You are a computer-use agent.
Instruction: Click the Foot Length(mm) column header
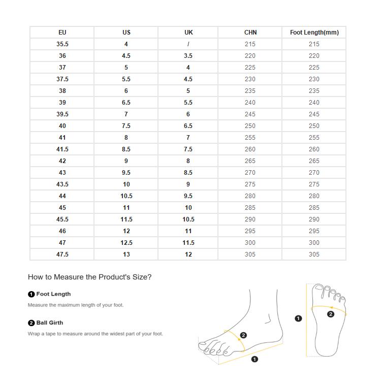(x=314, y=33)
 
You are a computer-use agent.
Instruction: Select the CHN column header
(x=250, y=33)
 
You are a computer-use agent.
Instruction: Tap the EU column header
(x=62, y=33)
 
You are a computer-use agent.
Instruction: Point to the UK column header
(x=188, y=33)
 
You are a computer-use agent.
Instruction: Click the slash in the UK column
(x=188, y=44)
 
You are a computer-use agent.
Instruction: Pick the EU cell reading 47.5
(x=62, y=255)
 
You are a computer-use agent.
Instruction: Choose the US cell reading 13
(x=126, y=255)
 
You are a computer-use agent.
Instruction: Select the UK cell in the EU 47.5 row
(x=188, y=255)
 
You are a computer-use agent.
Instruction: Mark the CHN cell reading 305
(x=250, y=255)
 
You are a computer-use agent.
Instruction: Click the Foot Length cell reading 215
(x=314, y=44)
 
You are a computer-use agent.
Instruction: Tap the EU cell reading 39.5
(x=62, y=114)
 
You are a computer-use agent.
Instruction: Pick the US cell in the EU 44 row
(x=126, y=196)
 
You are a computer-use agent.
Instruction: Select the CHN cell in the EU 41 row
(x=250, y=138)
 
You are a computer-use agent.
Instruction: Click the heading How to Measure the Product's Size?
(x=89, y=277)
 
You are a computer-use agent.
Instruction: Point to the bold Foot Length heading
(x=53, y=294)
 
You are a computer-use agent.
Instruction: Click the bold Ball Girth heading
(x=49, y=323)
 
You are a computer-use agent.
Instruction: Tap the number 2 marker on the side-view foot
(x=243, y=335)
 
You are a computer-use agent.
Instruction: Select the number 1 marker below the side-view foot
(x=255, y=359)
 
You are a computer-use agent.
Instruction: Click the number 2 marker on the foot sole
(x=331, y=314)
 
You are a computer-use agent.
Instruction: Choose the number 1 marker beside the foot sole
(x=298, y=319)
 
